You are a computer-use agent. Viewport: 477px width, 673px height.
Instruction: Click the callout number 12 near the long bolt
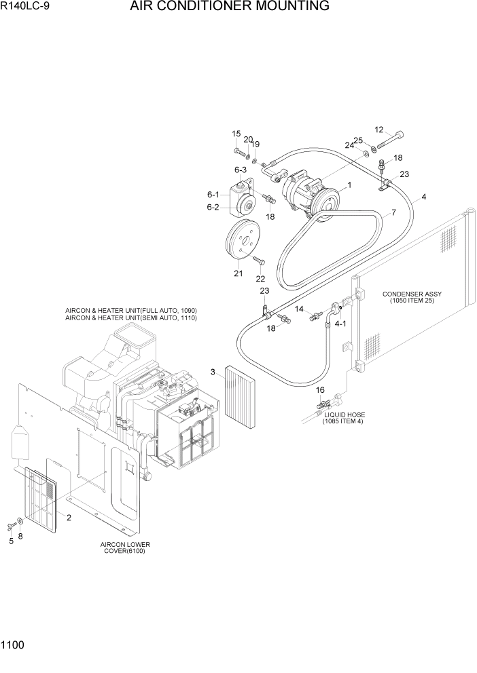[379, 130]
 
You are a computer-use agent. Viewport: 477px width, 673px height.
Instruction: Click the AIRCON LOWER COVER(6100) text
[125, 547]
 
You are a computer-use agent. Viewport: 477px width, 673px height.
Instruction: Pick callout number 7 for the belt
[393, 213]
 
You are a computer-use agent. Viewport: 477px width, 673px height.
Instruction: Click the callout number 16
[321, 390]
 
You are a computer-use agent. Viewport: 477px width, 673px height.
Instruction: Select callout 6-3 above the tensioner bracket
[241, 170]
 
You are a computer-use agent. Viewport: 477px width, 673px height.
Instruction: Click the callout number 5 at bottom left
[11, 541]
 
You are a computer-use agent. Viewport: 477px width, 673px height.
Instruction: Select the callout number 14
[299, 309]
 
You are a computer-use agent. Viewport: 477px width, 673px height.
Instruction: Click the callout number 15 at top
[236, 134]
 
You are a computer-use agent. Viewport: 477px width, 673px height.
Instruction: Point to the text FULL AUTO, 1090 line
[131, 310]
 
